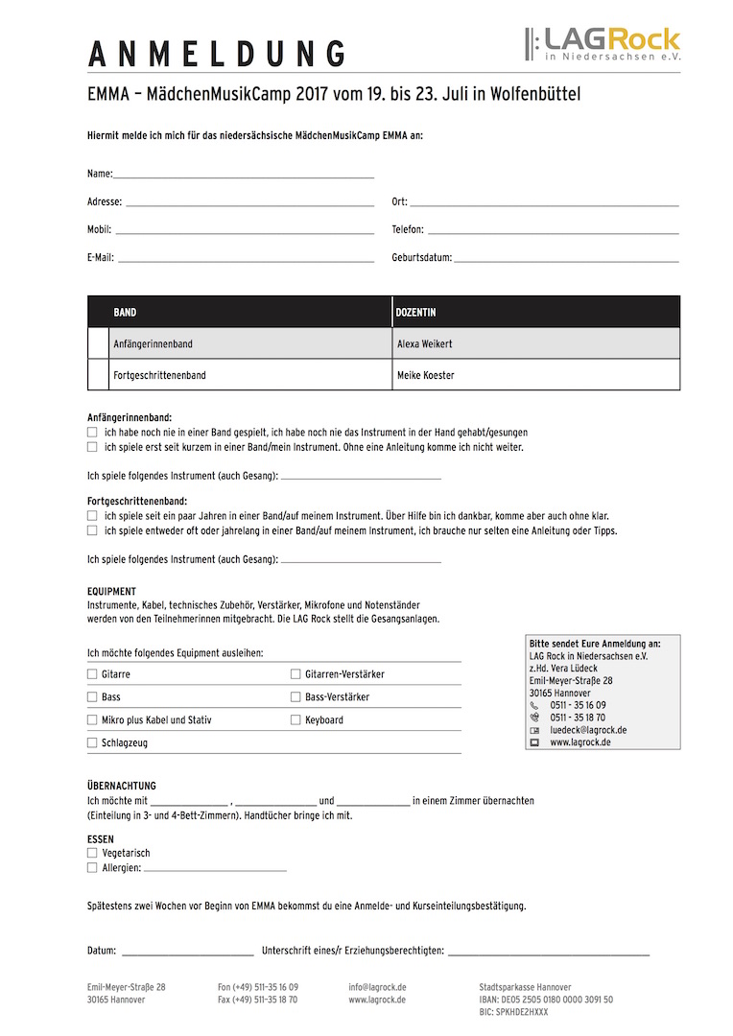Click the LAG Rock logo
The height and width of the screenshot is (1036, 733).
tap(602, 44)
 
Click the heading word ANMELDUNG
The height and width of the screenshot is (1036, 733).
tap(217, 55)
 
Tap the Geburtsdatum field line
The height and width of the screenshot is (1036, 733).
tap(565, 258)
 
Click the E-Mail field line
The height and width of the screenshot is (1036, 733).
tap(245, 258)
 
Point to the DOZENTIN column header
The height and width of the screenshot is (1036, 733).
tap(416, 313)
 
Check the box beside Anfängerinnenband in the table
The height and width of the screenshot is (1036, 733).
tap(99, 343)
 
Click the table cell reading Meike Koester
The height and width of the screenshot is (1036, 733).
tap(426, 375)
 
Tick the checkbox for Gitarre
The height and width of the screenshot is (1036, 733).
tap(92, 674)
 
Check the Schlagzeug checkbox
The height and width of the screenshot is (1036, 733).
tap(92, 743)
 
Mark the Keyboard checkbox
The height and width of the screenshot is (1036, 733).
tap(296, 720)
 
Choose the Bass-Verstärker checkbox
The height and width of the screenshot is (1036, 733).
tap(296, 697)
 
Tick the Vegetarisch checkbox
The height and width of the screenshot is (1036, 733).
tap(92, 853)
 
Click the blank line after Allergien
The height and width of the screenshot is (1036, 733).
tap(215, 868)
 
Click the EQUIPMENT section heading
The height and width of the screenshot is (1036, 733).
tap(111, 592)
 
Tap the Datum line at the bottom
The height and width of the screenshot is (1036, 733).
tap(187, 952)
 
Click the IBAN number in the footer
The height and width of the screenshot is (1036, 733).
tap(546, 1000)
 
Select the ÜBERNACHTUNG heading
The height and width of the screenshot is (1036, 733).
tap(121, 786)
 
